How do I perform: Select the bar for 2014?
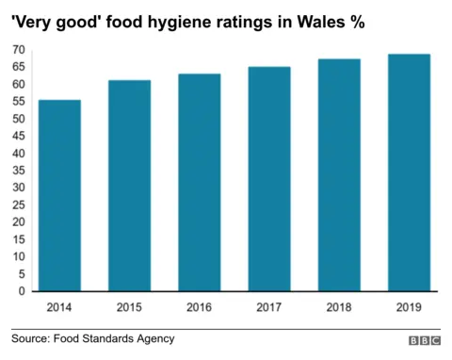pos(59,196)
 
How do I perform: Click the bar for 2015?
pos(129,186)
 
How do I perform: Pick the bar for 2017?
pos(269,179)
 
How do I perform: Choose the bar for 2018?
pos(339,175)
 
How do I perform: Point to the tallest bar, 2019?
pos(409,172)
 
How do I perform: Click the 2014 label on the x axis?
pos(59,306)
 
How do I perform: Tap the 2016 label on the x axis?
pos(199,306)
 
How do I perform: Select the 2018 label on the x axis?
pos(339,306)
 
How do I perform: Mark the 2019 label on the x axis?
pos(409,306)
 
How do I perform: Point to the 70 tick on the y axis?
pos(19,49)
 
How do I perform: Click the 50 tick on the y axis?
pos(19,118)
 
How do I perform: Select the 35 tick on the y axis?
pos(19,171)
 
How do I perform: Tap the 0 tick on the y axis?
pos(22,291)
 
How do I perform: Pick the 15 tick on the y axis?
pos(19,239)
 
